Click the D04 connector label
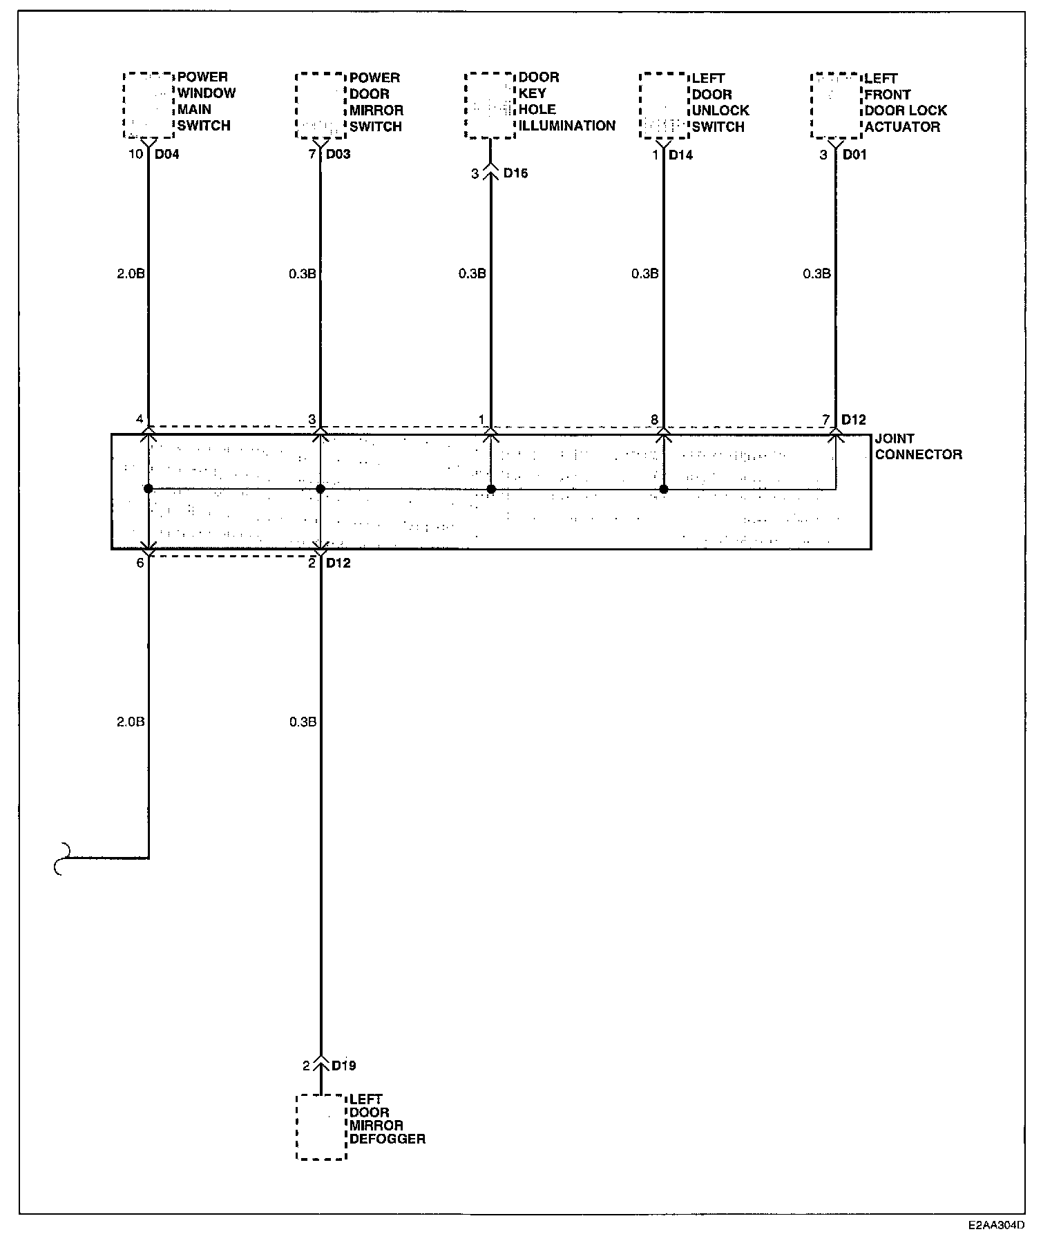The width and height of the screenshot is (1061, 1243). coord(166,154)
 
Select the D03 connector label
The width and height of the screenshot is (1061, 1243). coord(338,154)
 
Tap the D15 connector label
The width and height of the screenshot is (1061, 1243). coord(515,173)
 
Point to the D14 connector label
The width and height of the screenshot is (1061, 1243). coord(680,155)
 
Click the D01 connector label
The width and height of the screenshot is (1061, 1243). coord(854,155)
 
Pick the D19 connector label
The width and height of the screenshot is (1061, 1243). coord(344,1066)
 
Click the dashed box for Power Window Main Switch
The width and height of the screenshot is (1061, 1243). coord(149,105)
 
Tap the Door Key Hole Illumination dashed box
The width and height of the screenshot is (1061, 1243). coord(490,105)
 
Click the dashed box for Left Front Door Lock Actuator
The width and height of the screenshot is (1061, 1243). coord(837,105)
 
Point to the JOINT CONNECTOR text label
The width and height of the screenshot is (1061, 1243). coord(918,447)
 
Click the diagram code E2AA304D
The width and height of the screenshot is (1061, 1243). coord(996,1226)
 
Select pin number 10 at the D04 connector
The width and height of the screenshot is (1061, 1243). coord(135,154)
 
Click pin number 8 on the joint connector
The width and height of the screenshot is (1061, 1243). coord(653,419)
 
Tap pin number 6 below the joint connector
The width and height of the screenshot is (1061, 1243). coord(140,563)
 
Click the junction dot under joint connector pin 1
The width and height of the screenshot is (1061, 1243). coord(491,490)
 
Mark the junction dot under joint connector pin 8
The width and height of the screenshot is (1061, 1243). coord(664,490)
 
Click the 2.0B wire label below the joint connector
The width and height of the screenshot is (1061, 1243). coord(130,722)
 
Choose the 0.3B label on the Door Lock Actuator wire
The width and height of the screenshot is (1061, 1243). coord(816,274)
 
